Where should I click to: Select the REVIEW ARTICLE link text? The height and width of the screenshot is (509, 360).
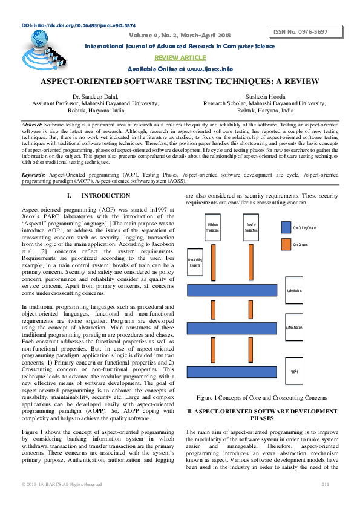tap(180, 57)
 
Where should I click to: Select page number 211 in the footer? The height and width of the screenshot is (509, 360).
tap(324, 484)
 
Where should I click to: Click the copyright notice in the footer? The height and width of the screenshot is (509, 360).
tap(62, 484)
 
